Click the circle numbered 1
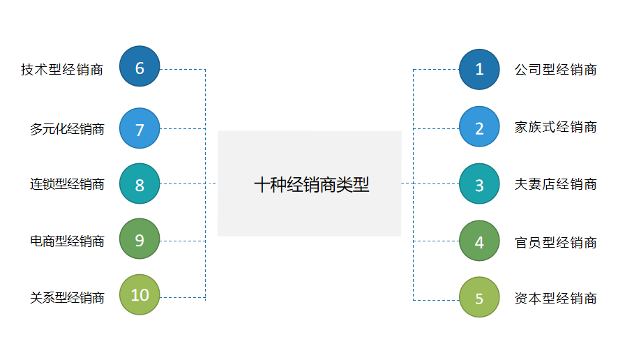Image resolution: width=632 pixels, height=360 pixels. pos(479,69)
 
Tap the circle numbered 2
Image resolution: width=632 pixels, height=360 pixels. pos(479,127)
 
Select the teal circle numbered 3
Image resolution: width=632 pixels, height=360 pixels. pos(479,184)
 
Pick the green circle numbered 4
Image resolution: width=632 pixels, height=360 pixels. pos(479,241)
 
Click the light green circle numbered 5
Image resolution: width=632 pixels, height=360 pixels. pos(479,297)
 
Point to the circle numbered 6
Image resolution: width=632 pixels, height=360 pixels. pos(140,67)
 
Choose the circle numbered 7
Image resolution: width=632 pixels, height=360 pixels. pos(140,128)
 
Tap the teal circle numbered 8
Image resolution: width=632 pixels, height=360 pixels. pos(140,184)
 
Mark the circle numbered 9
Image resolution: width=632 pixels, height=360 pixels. pos(140,239)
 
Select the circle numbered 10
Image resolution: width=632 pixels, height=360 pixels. pos(140,294)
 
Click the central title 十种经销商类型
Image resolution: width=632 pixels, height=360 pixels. pos(310,184)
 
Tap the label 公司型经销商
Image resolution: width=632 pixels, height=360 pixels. pos(555,70)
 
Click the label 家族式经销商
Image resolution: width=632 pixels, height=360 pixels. pos(555,127)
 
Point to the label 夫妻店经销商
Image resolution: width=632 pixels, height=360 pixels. pos(555,184)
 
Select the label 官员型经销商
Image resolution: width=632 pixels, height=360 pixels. pos(555,242)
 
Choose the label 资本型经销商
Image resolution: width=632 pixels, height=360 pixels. pos(555,299)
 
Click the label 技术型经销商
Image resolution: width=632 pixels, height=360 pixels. pos(62,70)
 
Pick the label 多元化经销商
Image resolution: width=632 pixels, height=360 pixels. pos(67,129)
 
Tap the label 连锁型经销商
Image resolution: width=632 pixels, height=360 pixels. pos(67,185)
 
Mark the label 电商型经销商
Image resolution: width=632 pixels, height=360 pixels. pos(67,241)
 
